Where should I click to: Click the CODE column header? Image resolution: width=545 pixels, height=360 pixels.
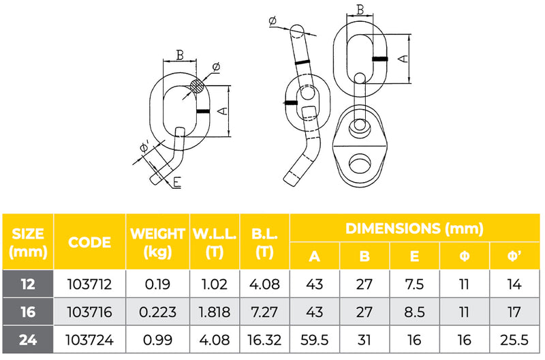point(90,242)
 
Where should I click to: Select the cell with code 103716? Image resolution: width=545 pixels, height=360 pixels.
point(90,312)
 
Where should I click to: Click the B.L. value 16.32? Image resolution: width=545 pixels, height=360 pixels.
point(265,339)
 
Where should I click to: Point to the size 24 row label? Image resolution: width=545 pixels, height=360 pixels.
point(28,339)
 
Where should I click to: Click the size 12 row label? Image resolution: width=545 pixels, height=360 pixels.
point(28,285)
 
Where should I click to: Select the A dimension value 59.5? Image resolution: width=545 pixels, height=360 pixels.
point(315,339)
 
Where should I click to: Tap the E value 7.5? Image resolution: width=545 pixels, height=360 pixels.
point(415,285)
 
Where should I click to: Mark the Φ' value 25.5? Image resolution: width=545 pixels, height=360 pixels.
point(514,339)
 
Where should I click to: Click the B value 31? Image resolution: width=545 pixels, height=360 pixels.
point(364,339)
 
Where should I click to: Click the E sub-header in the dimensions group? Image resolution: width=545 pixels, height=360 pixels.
point(415,257)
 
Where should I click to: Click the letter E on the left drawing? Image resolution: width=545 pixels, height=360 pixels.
point(177,182)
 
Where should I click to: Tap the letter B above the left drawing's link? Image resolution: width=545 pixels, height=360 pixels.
point(180,55)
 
